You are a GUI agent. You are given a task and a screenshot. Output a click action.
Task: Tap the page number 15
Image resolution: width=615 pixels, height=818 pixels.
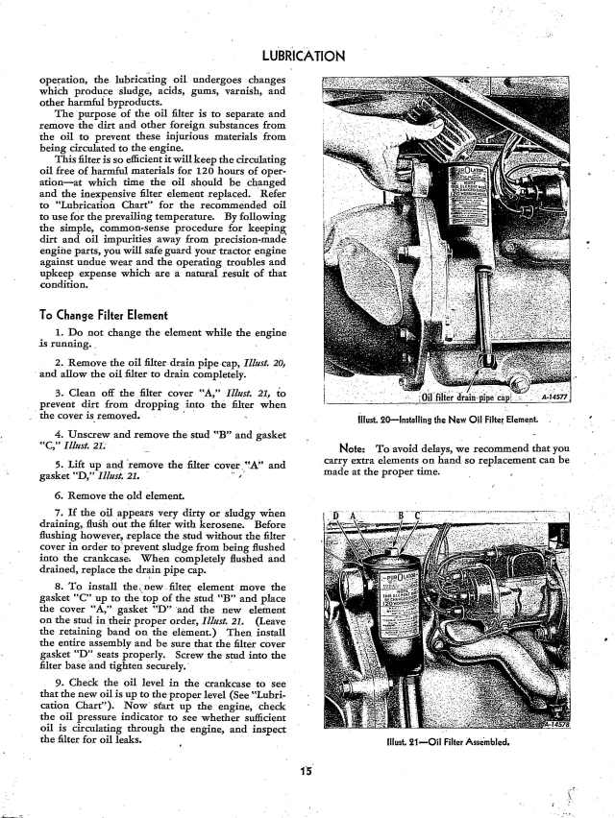tap(306, 768)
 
